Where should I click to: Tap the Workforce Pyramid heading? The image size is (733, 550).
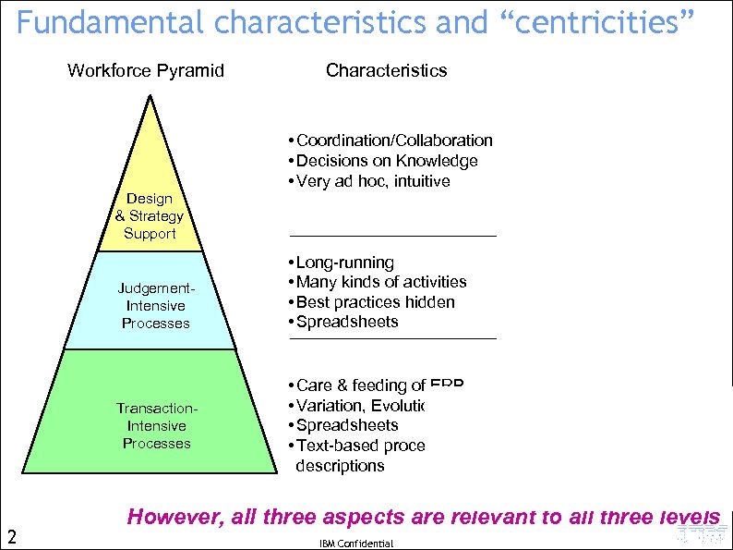[x=146, y=70]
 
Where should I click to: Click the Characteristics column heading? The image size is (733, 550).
[x=386, y=70]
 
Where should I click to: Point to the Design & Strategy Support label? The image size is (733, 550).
[x=150, y=216]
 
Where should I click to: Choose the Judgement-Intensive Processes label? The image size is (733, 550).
[x=155, y=306]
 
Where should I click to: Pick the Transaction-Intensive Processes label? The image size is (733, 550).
[x=157, y=426]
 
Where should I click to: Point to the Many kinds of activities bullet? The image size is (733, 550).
[x=380, y=282]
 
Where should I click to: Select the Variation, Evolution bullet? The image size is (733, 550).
[x=359, y=406]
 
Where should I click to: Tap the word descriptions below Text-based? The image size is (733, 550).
[x=340, y=466]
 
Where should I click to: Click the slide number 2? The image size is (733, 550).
[x=11, y=535]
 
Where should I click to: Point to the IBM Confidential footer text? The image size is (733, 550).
[x=355, y=544]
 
